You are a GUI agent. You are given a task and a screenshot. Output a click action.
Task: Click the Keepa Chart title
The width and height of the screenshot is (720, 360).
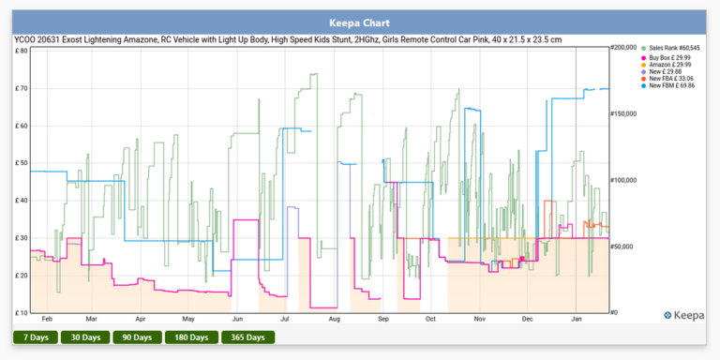359,22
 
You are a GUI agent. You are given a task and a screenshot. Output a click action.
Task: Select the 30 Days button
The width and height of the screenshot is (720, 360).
85,337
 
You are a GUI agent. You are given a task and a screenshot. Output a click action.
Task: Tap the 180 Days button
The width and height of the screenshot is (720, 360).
191,337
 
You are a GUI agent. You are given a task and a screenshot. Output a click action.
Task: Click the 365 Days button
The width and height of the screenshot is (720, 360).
247,337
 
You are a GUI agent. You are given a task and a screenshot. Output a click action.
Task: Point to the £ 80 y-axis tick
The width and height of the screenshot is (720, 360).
22,51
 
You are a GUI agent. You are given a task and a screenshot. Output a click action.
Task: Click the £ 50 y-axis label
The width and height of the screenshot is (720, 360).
22,162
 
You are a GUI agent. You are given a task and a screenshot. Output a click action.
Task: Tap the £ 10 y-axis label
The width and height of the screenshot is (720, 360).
22,312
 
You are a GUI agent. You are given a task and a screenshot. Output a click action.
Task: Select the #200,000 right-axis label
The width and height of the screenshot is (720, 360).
622,47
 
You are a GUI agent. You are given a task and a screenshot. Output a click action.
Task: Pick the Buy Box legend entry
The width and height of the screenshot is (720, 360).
669,57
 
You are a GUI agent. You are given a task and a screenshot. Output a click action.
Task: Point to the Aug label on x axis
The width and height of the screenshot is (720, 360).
335,320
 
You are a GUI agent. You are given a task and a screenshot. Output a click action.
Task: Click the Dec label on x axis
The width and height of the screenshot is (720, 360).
528,320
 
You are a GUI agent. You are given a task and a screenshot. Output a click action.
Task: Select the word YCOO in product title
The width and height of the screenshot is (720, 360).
25,40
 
